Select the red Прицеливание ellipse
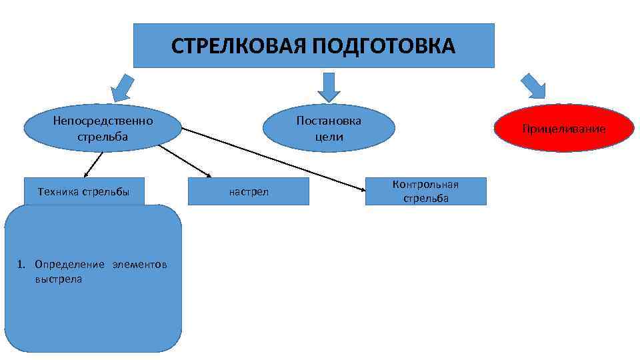[x=564, y=128]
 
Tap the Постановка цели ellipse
[x=328, y=129]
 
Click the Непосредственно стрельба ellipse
[x=103, y=129]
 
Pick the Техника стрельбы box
[x=83, y=192]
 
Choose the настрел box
[x=249, y=192]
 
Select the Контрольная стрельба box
[x=425, y=191]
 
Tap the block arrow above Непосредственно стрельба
[x=123, y=87]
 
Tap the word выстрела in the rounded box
[x=59, y=279]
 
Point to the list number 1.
[x=21, y=265]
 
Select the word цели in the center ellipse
[x=329, y=136]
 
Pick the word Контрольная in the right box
[x=425, y=184]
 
